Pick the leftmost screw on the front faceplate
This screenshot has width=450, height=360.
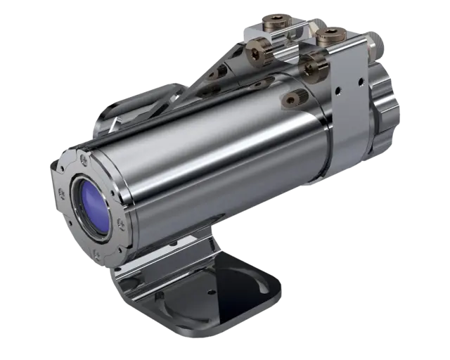coord(60,193)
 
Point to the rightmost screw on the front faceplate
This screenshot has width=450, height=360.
coord(120,224)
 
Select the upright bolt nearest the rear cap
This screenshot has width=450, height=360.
coord(330,35)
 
